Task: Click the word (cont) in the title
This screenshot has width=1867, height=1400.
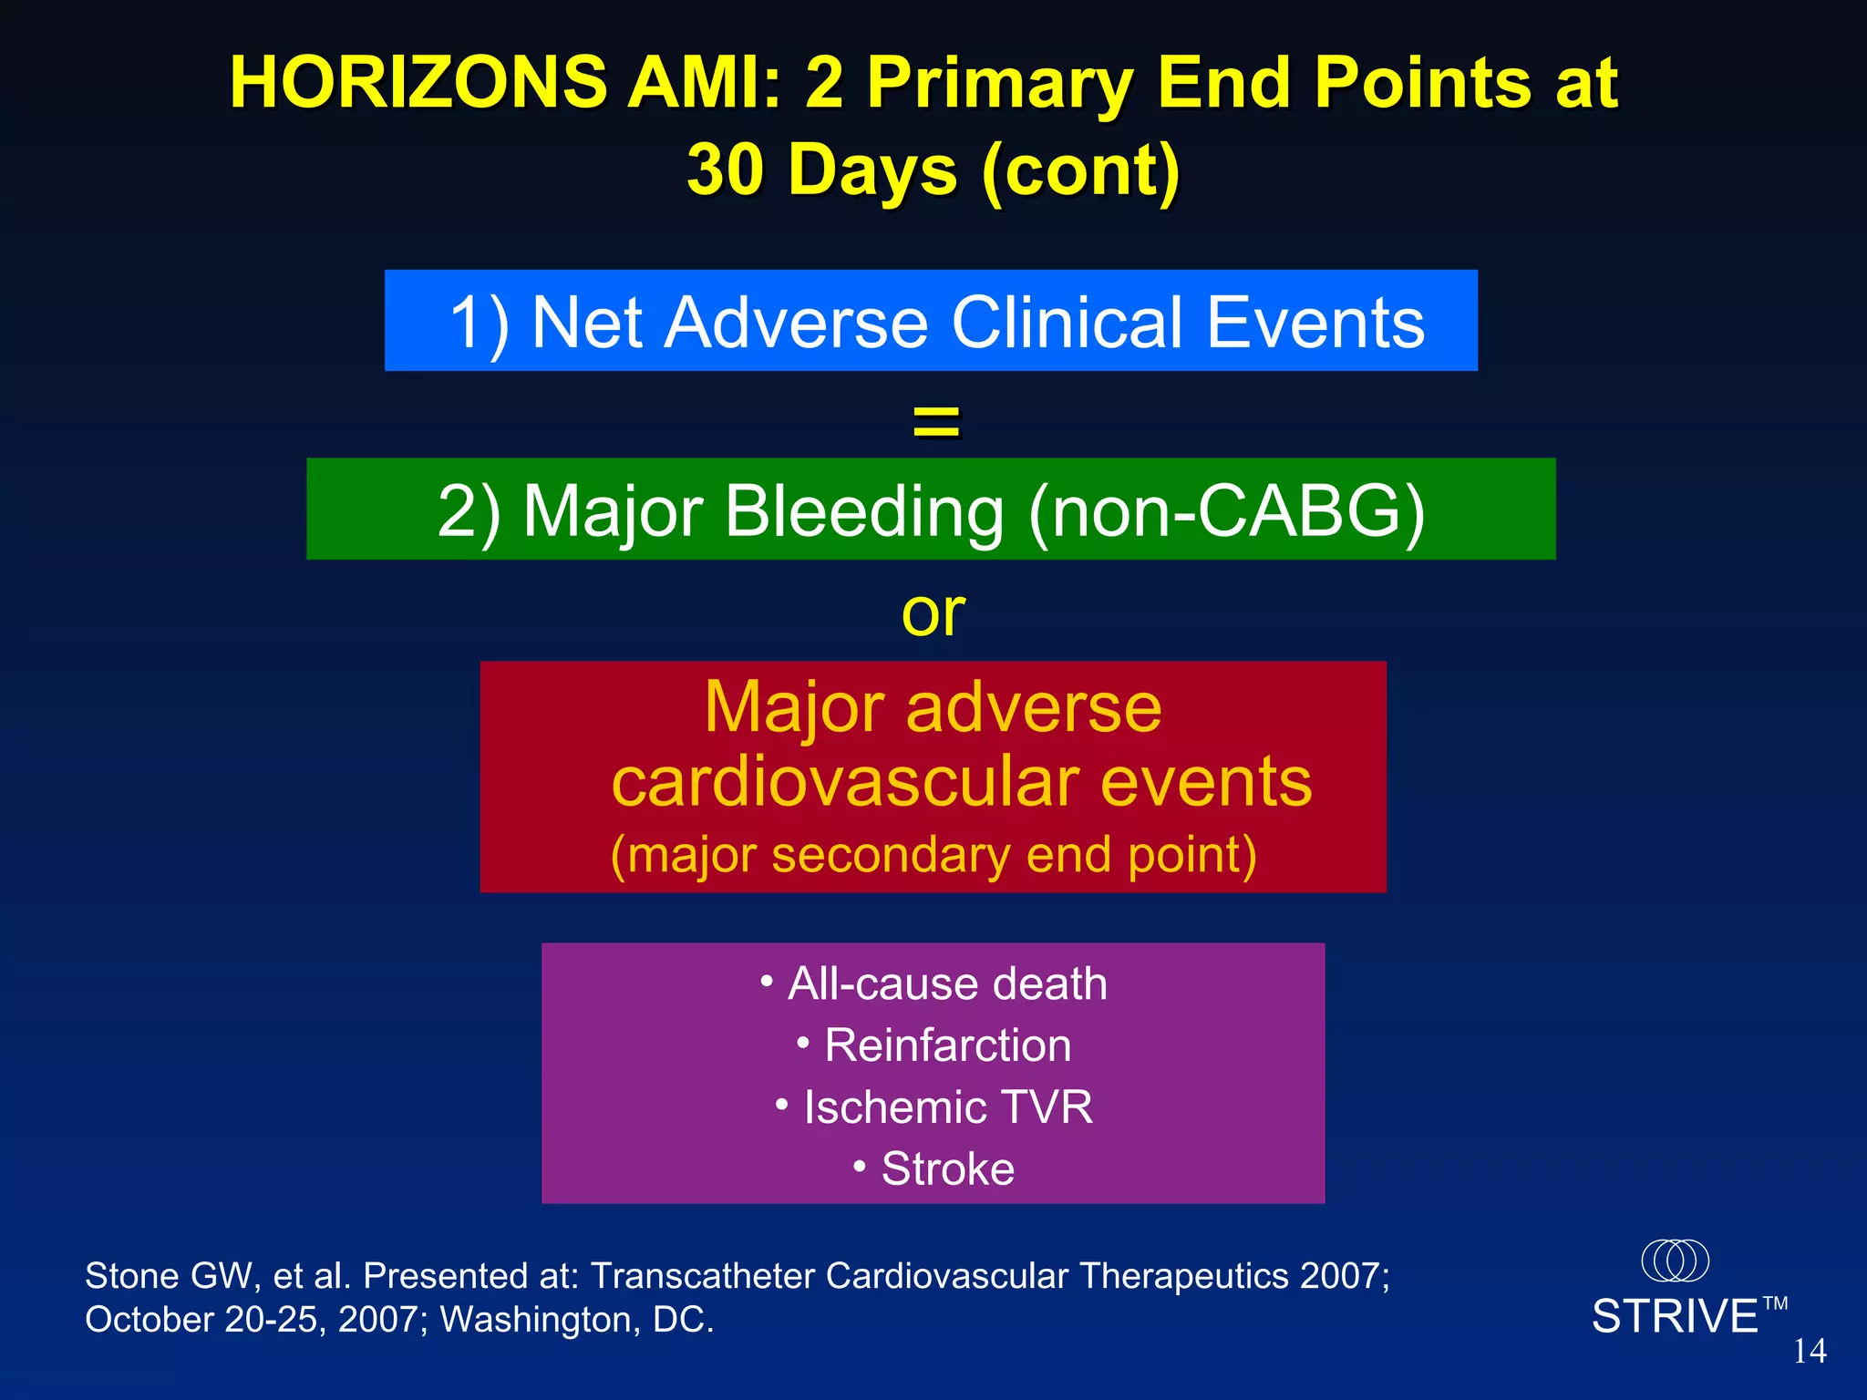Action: point(1081,170)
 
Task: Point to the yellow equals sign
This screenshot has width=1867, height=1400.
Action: point(936,421)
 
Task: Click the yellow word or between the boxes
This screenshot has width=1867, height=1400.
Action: point(933,612)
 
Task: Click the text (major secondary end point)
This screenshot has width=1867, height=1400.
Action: point(933,855)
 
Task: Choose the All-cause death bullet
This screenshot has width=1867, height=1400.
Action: point(933,984)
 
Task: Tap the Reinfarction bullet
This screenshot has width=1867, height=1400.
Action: point(933,1045)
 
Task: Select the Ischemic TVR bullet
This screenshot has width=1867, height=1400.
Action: point(933,1107)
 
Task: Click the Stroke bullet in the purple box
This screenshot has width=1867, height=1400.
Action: point(933,1168)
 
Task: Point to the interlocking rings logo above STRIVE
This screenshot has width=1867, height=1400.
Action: point(1675,1261)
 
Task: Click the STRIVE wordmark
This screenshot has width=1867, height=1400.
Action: point(1675,1317)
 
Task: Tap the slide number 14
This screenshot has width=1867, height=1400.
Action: point(1810,1351)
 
